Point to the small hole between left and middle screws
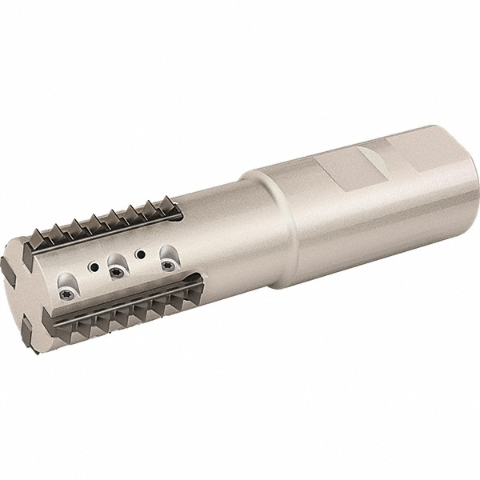[94, 266]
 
